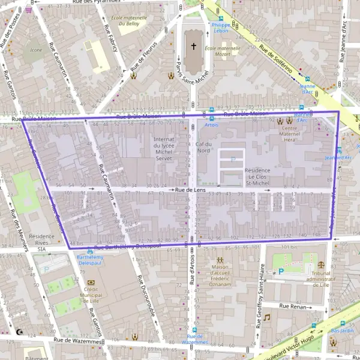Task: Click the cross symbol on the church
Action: (193, 46)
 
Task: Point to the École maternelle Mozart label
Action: (218, 51)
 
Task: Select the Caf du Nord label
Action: (204, 147)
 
